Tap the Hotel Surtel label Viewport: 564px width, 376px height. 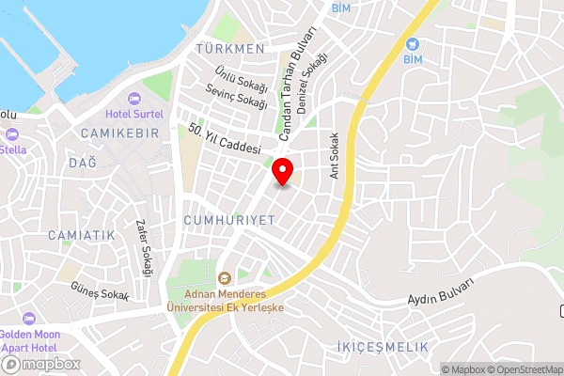134,114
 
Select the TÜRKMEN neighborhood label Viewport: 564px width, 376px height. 229,48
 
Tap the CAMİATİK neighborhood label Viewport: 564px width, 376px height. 81,234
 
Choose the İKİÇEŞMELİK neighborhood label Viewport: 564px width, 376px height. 382,347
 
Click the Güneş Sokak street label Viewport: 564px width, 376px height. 100,294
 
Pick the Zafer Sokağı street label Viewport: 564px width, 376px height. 144,248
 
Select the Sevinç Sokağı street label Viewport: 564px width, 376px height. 238,97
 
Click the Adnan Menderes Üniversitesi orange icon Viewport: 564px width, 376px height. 224,278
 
